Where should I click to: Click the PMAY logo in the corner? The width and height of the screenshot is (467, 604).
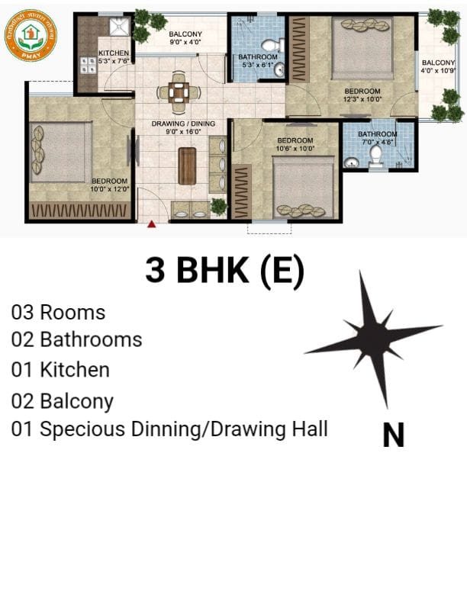(31, 34)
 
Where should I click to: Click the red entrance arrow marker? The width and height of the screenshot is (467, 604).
(151, 223)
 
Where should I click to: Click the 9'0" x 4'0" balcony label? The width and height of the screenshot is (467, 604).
(185, 38)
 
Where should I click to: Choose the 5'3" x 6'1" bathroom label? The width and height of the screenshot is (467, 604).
(257, 61)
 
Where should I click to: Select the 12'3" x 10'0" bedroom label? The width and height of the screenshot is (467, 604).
(362, 95)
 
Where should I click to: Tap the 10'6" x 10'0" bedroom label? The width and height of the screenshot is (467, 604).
(295, 144)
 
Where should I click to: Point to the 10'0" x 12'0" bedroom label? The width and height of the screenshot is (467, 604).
(111, 185)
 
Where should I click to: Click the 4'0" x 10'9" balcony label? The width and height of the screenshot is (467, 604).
(439, 67)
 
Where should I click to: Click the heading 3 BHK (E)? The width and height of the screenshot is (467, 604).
(225, 270)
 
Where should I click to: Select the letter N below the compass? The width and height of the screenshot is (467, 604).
(393, 435)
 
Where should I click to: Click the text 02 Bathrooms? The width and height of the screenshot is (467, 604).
(76, 339)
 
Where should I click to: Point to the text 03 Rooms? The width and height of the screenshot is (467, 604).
(58, 312)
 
